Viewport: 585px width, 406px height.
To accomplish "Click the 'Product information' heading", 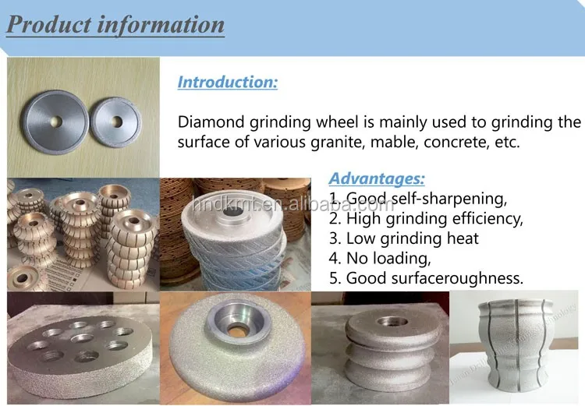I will pos(115,23).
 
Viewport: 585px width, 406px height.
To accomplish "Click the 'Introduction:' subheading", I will pos(227,82).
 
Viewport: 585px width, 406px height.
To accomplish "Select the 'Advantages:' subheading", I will pos(377,178).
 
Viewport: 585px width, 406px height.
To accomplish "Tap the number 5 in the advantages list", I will pos(333,278).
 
